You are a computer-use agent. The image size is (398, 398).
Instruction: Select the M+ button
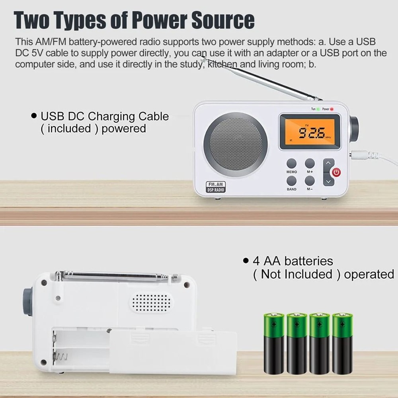tap(310, 163)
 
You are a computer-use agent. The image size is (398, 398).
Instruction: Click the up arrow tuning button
tap(328, 163)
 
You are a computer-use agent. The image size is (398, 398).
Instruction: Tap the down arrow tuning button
tap(328, 181)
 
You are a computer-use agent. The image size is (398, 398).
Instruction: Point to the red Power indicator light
tap(331, 109)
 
